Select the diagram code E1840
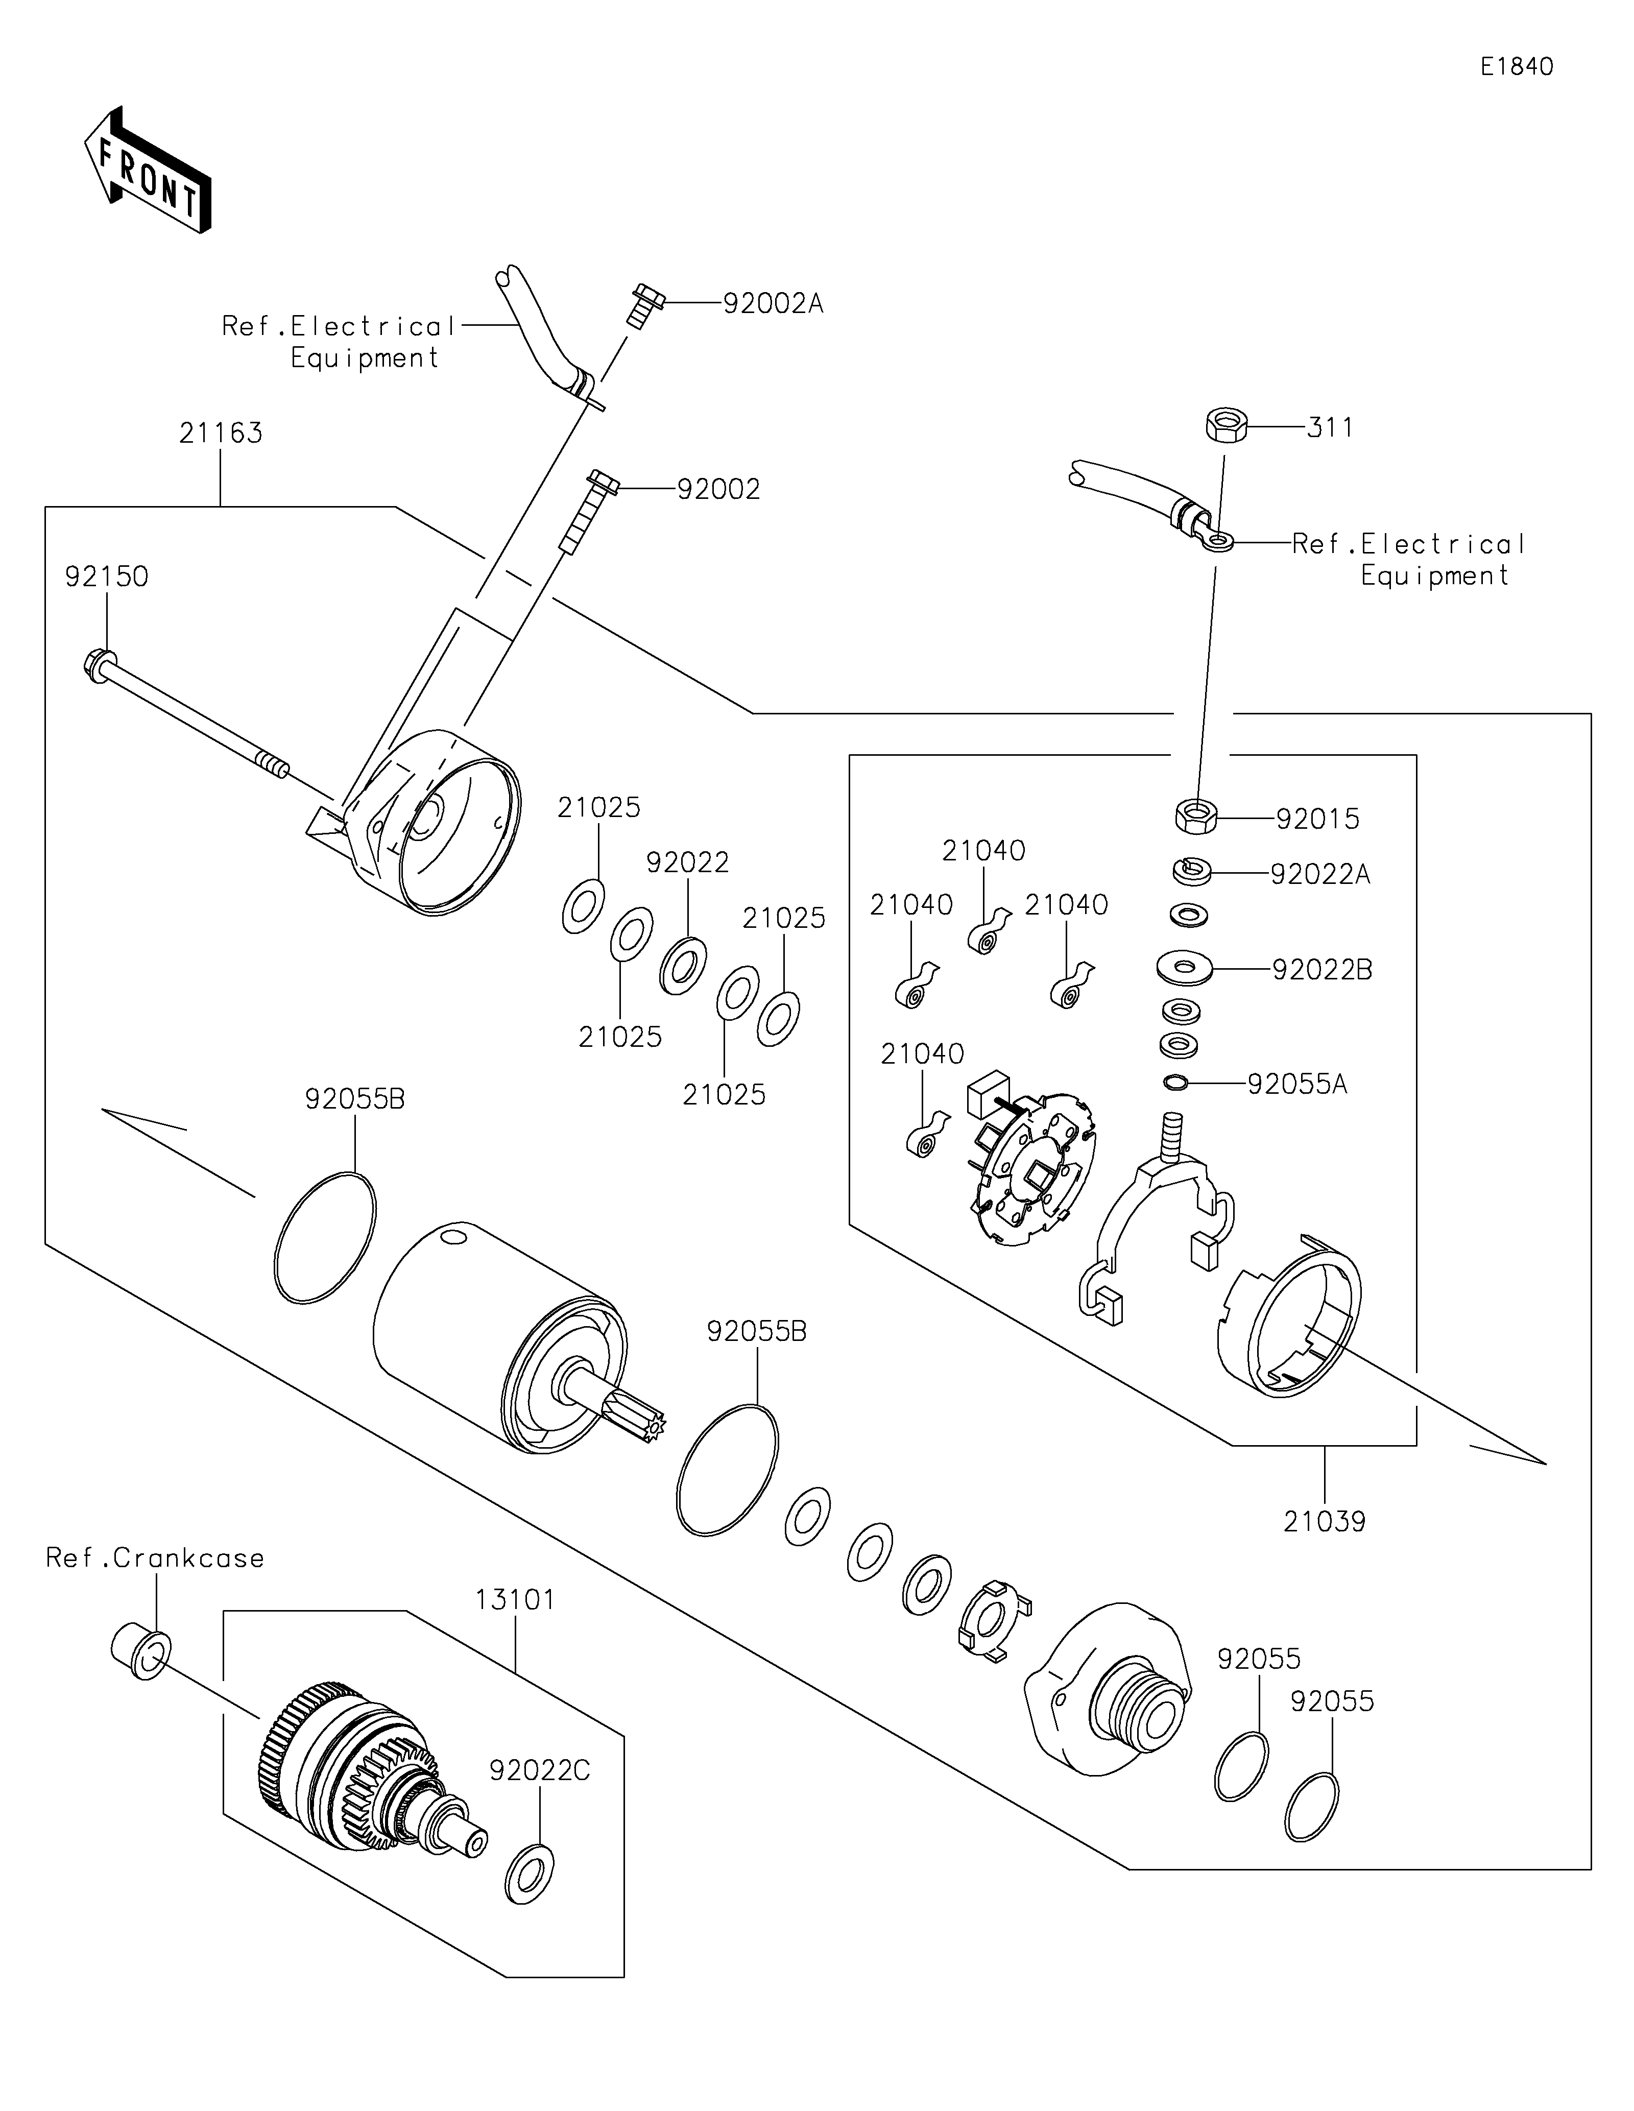[x=1516, y=67]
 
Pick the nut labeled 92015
[x=1195, y=816]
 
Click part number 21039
[x=1324, y=1521]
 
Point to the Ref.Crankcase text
[x=155, y=1558]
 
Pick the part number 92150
[x=106, y=577]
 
